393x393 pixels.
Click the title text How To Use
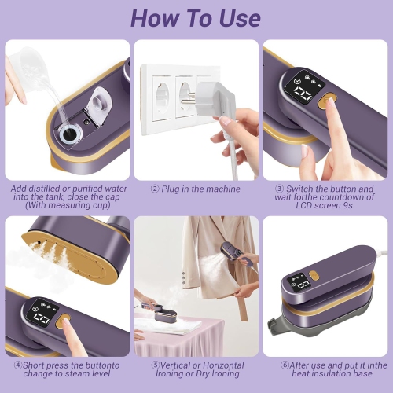pyautogui.click(x=196, y=17)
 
